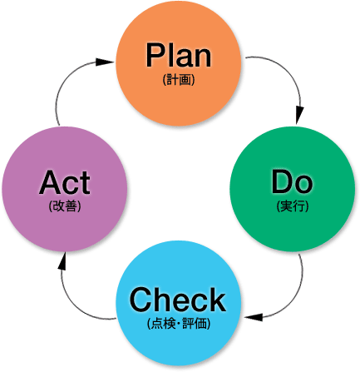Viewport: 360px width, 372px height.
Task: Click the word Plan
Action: click(x=179, y=55)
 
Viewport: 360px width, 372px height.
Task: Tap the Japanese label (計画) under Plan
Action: click(x=179, y=80)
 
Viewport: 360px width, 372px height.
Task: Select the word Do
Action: click(x=292, y=182)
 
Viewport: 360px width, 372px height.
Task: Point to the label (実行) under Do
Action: click(x=293, y=206)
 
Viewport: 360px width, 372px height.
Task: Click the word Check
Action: click(x=178, y=300)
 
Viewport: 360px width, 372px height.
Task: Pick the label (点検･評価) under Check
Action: click(x=179, y=324)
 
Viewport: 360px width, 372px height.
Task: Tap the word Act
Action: click(x=65, y=182)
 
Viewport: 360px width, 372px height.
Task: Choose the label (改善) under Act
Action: click(x=65, y=206)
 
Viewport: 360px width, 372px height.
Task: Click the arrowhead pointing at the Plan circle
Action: click(x=105, y=62)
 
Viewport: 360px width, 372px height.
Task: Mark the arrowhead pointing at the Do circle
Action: click(x=299, y=114)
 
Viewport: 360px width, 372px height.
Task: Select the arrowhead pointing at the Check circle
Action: click(x=254, y=317)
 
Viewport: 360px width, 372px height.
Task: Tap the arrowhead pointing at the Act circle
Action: click(x=63, y=261)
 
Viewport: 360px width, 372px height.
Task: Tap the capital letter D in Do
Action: click(x=282, y=182)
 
